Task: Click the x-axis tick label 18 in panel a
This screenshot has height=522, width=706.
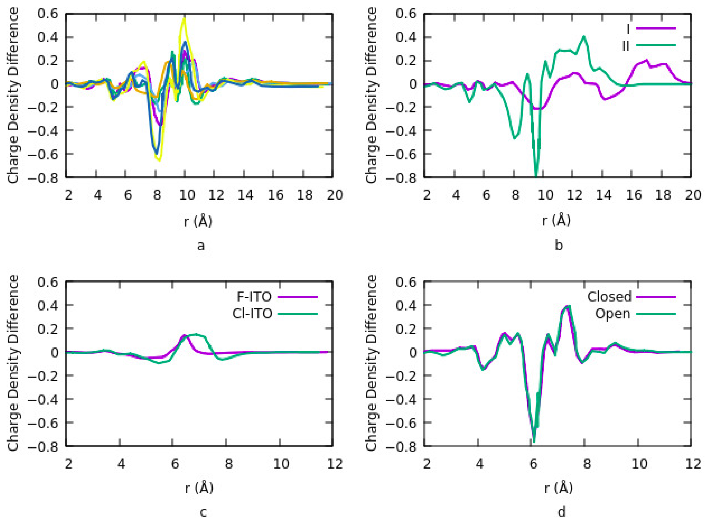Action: [x=305, y=195]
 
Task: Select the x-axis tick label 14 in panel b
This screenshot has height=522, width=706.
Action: [x=603, y=195]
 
